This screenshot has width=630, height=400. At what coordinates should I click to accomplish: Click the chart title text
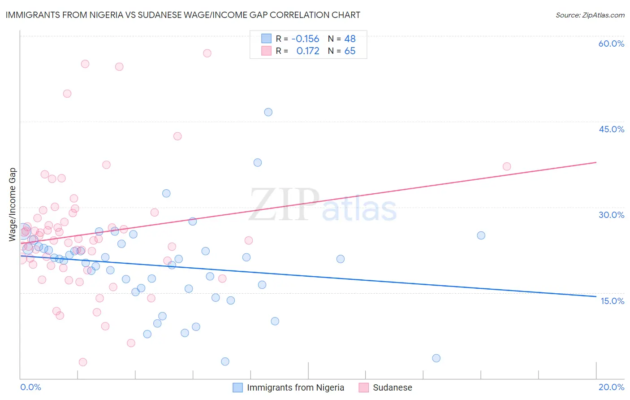183,15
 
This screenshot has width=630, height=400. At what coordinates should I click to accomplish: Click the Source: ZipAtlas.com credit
590,15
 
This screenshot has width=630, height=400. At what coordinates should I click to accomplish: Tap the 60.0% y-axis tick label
611,43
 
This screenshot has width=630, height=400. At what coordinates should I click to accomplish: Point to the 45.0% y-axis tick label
611,129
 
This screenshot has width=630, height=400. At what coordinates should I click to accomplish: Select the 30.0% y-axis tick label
611,215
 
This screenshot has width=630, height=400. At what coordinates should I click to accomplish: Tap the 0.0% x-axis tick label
30,387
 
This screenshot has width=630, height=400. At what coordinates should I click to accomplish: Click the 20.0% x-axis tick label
611,387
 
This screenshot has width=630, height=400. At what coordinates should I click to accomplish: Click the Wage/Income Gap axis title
13,204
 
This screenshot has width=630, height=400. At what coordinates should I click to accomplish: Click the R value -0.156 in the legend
305,39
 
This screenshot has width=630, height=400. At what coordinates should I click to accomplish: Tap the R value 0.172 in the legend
308,51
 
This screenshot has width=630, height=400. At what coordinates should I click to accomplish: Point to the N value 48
350,39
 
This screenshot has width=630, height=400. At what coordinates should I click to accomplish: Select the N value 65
350,51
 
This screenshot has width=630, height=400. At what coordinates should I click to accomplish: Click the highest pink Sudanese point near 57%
207,53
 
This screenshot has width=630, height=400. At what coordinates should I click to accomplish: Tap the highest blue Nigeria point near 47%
268,112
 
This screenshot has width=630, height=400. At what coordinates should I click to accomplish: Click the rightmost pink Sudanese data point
507,166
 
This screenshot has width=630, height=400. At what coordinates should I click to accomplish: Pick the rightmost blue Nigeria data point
481,235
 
